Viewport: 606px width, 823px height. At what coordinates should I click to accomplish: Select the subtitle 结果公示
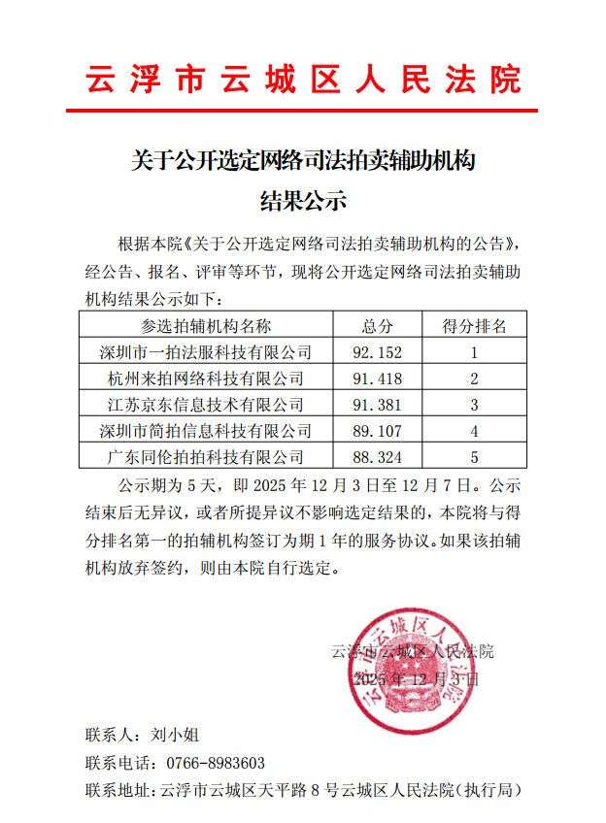click(303, 202)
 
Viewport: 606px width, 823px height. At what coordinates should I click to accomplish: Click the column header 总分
click(378, 325)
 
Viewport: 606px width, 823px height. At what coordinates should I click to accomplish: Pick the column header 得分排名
click(474, 325)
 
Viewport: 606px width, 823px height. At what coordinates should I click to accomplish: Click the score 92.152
click(378, 351)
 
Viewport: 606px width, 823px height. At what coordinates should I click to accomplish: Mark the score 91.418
click(378, 378)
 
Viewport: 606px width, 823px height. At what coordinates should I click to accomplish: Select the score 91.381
click(378, 404)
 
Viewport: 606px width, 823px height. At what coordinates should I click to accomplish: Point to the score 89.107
click(378, 430)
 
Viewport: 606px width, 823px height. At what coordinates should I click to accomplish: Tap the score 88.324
click(378, 456)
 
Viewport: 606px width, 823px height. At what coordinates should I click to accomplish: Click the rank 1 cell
click(474, 351)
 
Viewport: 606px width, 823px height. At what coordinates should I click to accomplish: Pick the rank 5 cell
click(474, 456)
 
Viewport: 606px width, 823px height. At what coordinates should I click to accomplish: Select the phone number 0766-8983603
click(216, 763)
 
